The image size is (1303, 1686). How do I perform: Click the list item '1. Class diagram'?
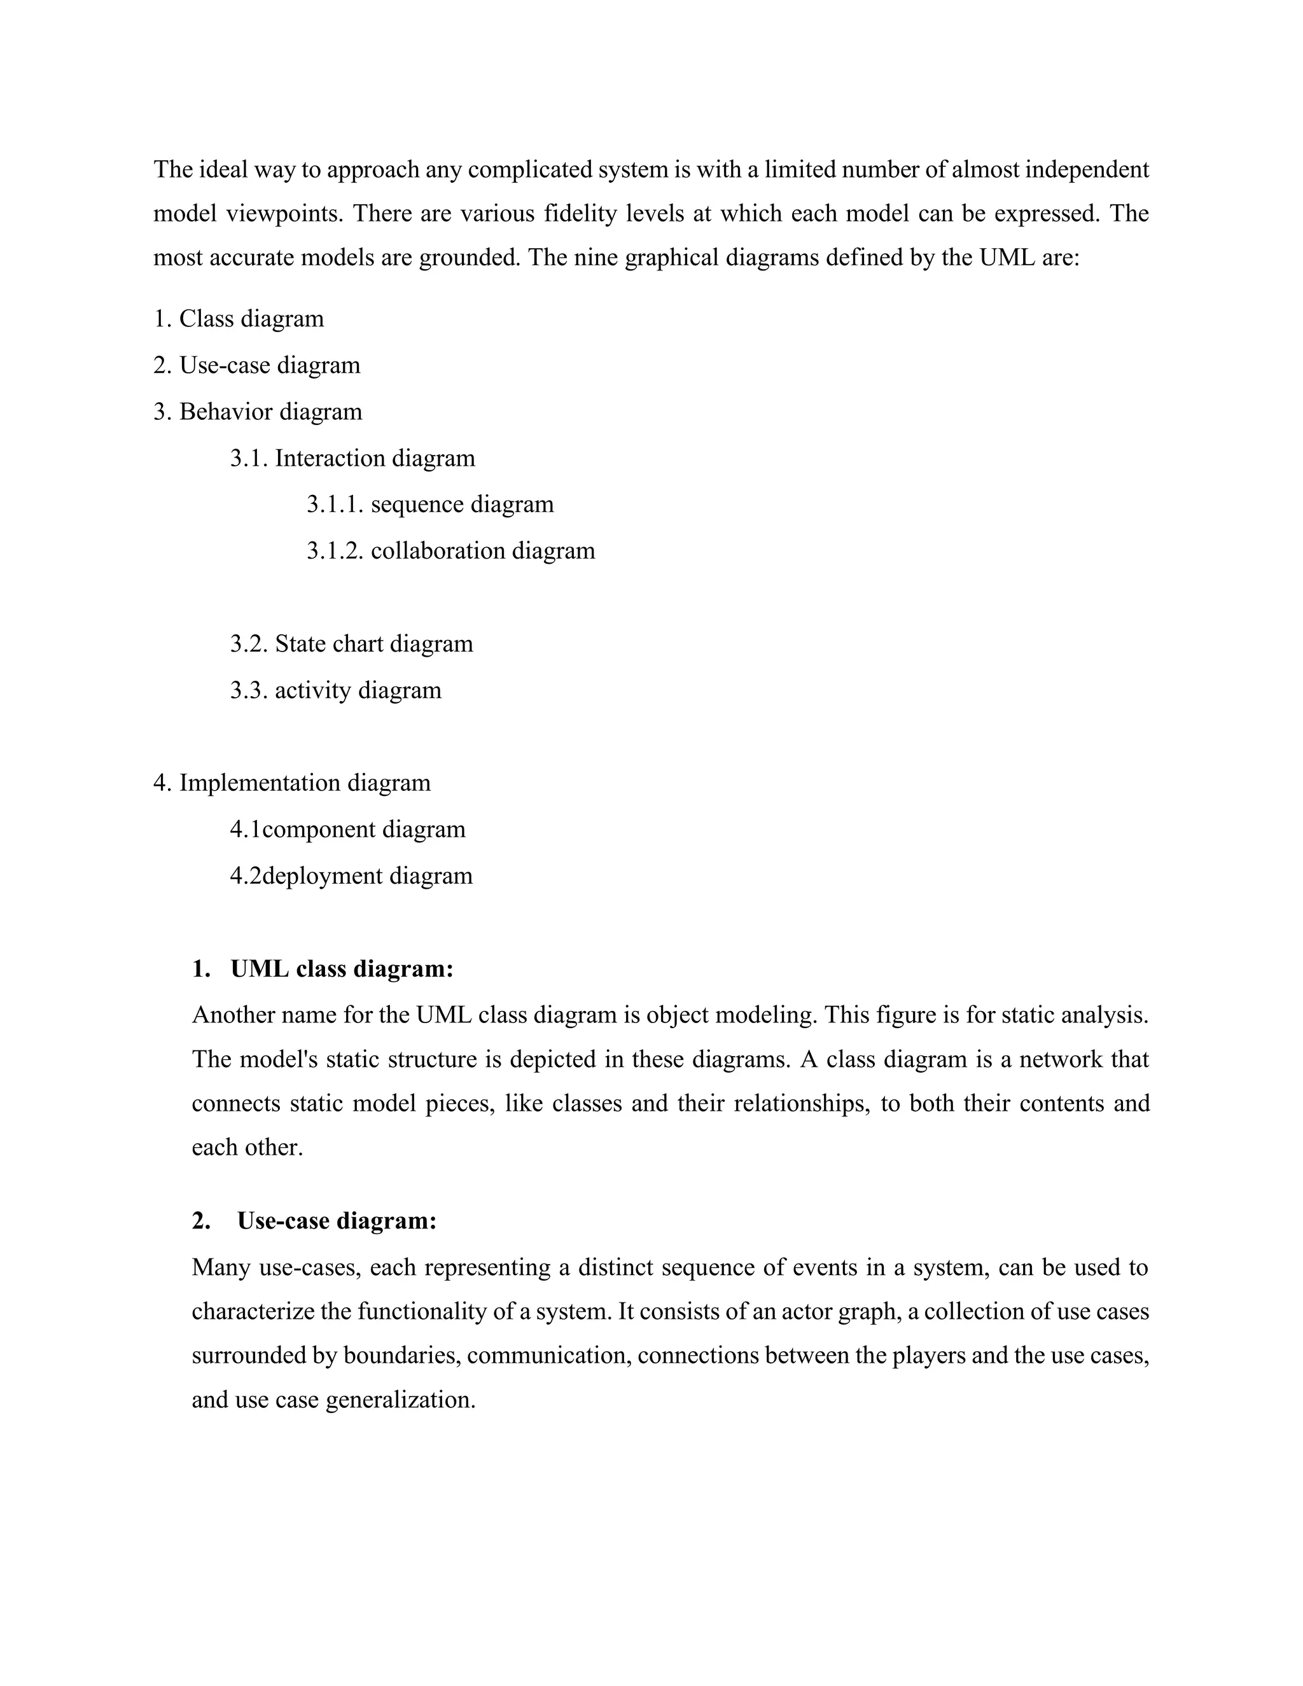coord(239,319)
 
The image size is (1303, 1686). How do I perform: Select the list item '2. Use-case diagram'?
coord(257,365)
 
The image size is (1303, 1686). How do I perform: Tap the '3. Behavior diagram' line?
coord(258,412)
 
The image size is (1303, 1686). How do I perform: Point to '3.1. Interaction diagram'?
coord(352,458)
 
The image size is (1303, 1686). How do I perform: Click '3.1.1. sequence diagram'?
coord(430,504)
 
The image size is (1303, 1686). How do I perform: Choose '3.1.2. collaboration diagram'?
coord(451,550)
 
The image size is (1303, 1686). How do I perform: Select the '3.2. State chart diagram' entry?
coord(351,643)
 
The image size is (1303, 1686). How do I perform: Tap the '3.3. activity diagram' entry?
coord(336,690)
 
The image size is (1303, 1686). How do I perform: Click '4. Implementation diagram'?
coord(292,782)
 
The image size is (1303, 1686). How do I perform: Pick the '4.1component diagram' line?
coord(348,829)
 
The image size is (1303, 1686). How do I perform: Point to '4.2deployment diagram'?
coord(351,875)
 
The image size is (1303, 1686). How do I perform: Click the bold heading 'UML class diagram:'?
coord(341,969)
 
